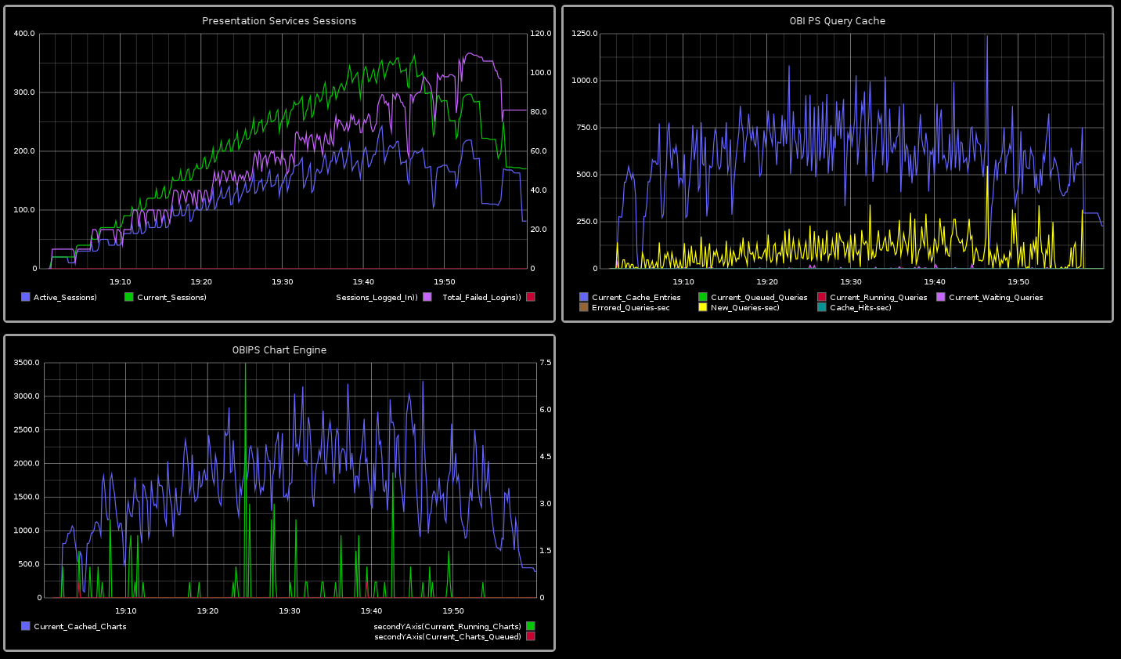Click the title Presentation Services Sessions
click(279, 21)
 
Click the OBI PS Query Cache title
click(837, 21)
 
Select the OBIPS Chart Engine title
click(279, 350)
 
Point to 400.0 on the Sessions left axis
click(24, 34)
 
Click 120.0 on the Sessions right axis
click(541, 34)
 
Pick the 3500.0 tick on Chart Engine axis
click(27, 363)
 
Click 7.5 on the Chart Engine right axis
click(546, 363)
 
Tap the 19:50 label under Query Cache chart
click(1018, 281)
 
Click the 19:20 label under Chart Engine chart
click(207, 610)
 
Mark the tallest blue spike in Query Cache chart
click(986, 38)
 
